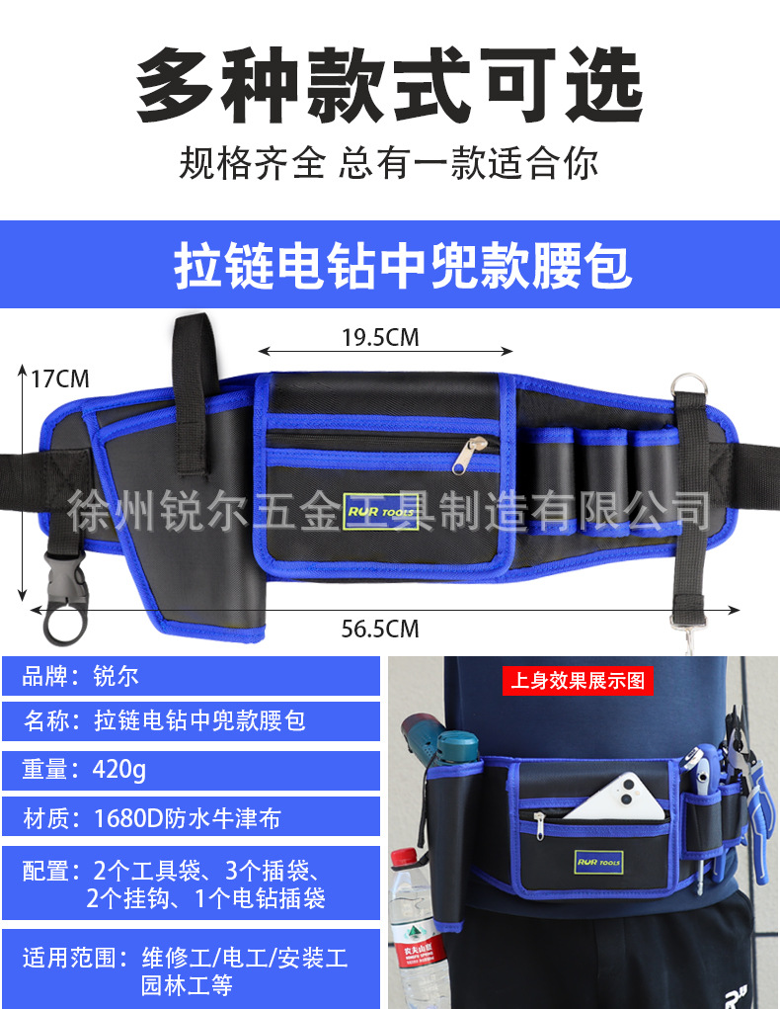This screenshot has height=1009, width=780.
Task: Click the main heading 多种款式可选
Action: coord(389,88)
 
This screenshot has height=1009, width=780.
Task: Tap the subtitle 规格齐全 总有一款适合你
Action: coord(389,163)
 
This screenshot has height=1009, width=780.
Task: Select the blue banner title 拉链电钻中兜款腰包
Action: coord(403,265)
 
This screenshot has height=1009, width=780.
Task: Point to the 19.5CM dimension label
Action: coord(380,338)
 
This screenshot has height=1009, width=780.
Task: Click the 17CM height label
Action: coord(59,378)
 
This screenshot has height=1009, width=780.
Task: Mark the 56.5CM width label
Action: coord(380,629)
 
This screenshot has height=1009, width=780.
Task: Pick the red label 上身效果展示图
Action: coord(578,680)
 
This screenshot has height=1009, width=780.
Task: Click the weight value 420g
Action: coord(118,769)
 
